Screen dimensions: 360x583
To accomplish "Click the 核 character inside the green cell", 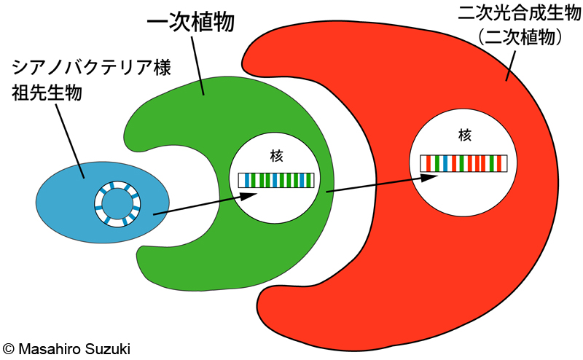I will (275, 155).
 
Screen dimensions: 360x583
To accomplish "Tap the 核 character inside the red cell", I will (465, 135).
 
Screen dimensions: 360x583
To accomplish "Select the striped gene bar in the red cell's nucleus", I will (464, 163).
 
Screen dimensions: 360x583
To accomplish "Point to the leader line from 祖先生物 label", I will (69, 143).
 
